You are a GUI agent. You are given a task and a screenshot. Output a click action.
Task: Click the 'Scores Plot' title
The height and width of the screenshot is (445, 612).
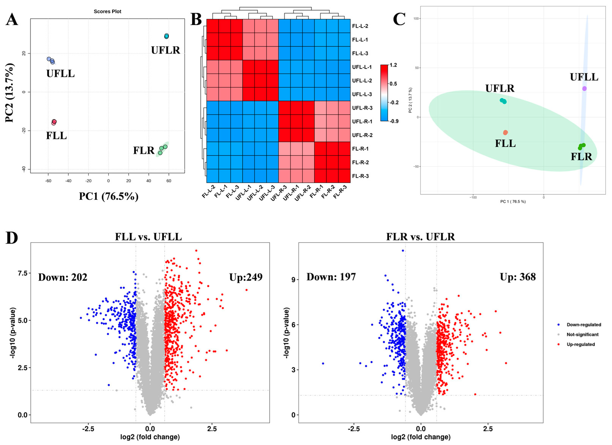point(107,12)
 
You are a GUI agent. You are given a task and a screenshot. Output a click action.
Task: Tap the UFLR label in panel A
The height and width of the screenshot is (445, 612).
point(165,50)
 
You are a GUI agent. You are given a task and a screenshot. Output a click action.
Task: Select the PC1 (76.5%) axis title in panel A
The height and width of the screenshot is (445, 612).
point(109,196)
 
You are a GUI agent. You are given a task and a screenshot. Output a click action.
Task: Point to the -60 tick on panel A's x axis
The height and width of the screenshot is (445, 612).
point(48,181)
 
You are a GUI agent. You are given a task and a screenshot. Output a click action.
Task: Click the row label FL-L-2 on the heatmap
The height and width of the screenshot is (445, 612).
point(360,26)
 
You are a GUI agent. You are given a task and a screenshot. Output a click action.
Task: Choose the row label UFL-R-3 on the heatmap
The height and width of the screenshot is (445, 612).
point(362,108)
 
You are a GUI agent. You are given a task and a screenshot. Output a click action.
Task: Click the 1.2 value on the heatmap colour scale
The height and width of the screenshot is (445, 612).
point(393,65)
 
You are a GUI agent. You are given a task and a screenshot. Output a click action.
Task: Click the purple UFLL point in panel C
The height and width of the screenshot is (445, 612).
point(584,89)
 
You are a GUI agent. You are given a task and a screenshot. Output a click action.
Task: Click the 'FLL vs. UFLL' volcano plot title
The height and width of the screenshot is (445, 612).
point(148,237)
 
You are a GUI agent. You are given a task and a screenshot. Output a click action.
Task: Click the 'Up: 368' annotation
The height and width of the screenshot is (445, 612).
point(518,277)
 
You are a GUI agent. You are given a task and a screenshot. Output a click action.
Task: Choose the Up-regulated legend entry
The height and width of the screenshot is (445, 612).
point(580,344)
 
